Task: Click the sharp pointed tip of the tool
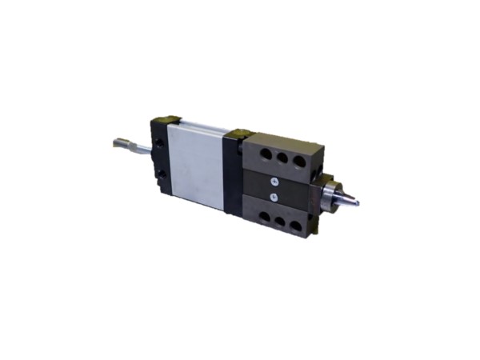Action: pos(357,202)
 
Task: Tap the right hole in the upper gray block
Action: pos(300,162)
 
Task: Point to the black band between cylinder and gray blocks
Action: pos(233,176)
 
